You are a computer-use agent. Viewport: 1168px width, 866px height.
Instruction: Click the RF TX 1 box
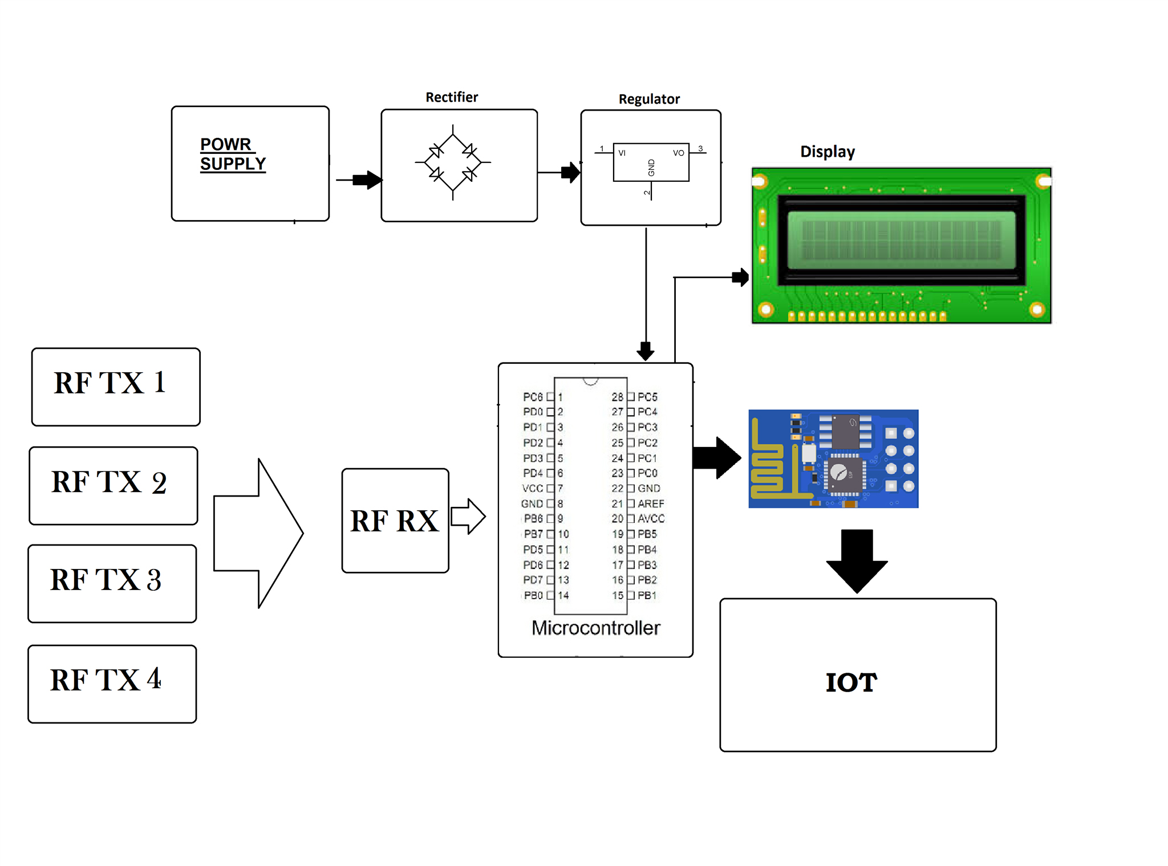pos(116,387)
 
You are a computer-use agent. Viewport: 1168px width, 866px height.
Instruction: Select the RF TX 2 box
pos(113,485)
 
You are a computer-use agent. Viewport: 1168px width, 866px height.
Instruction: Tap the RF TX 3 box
pos(112,583)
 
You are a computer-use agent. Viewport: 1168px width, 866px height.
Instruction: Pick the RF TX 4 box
pos(112,684)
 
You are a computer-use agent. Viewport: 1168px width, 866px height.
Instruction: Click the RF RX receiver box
pos(395,521)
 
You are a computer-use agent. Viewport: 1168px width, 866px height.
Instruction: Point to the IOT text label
pos(851,682)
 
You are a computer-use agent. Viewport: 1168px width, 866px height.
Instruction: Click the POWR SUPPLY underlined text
pos(232,154)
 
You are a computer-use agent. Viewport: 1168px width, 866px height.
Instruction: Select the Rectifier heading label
pos(452,97)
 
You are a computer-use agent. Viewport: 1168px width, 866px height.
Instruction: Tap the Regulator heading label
pos(649,99)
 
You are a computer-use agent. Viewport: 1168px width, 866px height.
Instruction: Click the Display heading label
pos(828,152)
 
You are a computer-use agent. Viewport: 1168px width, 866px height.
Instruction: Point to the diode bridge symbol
pos(453,162)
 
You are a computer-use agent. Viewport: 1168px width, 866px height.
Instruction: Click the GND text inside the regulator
pos(651,168)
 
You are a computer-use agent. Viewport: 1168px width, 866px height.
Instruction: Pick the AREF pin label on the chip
pos(651,503)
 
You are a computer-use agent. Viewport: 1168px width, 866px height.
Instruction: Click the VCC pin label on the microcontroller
pos(533,489)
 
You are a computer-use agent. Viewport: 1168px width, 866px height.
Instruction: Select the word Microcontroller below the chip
pos(596,628)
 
